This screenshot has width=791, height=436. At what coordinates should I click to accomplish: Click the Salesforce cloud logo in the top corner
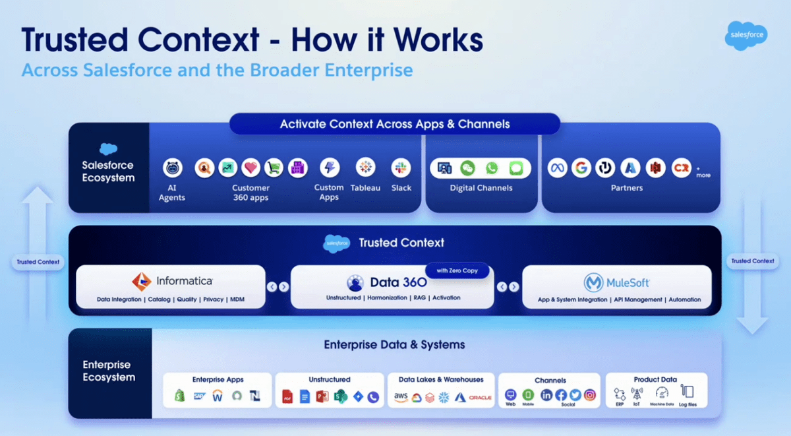click(x=746, y=35)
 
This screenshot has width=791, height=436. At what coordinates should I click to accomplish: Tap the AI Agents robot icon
click(x=173, y=168)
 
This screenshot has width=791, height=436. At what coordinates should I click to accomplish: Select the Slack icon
click(x=401, y=168)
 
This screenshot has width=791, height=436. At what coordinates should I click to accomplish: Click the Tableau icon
click(x=365, y=168)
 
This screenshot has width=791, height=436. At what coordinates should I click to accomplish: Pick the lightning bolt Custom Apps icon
click(x=329, y=168)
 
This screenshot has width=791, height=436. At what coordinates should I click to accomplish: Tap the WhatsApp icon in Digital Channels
click(x=491, y=168)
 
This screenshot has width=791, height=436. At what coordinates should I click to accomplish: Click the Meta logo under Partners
click(x=558, y=168)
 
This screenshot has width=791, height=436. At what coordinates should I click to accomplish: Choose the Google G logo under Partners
click(x=581, y=168)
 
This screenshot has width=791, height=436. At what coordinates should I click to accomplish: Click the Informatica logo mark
click(x=142, y=282)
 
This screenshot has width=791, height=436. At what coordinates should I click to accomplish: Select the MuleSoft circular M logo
click(x=593, y=283)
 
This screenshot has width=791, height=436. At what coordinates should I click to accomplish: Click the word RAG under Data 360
click(x=420, y=298)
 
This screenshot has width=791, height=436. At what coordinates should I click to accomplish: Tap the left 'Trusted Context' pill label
click(x=38, y=262)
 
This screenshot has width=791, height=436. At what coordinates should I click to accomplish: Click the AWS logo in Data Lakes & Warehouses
click(x=401, y=396)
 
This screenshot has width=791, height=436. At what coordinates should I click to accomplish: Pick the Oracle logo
click(x=481, y=397)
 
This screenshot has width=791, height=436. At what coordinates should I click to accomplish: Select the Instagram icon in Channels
click(x=590, y=395)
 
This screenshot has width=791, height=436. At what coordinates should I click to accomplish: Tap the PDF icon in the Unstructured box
click(x=287, y=396)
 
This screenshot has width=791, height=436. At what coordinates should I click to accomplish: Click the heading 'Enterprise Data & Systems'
click(x=394, y=345)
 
